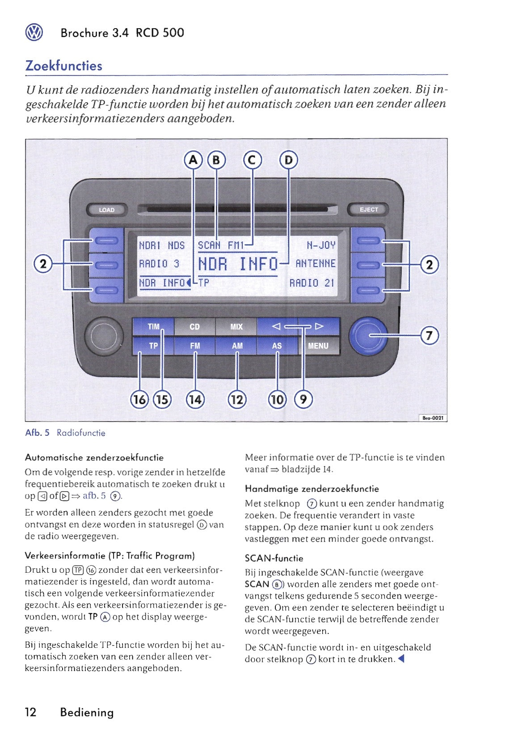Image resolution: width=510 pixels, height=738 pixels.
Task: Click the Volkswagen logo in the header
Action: coord(34,33)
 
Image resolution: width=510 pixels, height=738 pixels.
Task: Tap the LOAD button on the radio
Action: coord(106,210)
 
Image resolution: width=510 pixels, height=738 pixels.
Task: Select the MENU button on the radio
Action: coord(318,346)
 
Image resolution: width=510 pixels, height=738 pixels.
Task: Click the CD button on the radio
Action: coord(194,327)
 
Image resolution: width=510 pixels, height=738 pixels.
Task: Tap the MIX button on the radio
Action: coord(236,327)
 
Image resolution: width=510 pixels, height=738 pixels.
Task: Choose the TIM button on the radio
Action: coord(153,327)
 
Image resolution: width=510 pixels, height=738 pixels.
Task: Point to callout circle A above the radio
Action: coord(194,160)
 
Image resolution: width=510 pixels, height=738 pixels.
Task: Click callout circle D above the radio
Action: coord(289,160)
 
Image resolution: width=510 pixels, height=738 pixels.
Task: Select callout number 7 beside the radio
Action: coord(429,335)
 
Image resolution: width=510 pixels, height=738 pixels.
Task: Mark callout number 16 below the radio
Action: coord(139,399)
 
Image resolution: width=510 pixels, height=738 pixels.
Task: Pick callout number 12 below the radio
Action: coord(237,399)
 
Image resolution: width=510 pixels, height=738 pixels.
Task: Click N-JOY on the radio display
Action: coord(321,245)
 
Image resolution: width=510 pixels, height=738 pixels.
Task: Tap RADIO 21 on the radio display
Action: coord(312,283)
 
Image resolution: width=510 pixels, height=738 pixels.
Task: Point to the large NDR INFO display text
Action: coord(237,264)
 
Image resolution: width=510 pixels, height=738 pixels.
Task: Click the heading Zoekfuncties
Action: coord(64,66)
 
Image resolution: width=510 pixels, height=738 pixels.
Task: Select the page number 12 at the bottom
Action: coord(31,712)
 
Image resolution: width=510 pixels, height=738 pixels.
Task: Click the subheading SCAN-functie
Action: coord(274,558)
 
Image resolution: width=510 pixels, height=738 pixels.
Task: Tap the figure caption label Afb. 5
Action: coord(38,433)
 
